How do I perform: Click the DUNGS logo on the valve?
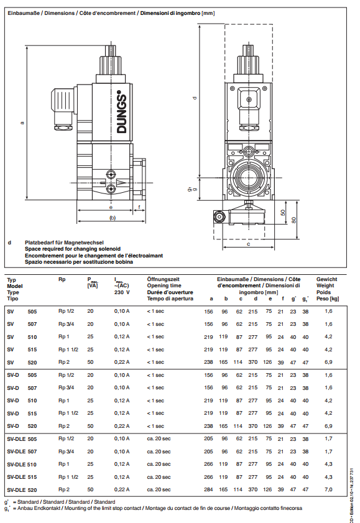(122, 112)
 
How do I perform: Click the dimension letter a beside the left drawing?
(22, 123)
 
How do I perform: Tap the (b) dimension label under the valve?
(113, 218)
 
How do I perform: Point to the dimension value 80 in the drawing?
(293, 220)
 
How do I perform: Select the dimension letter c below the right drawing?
(248, 244)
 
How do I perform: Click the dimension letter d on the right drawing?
(195, 98)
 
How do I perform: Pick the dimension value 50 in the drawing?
(283, 213)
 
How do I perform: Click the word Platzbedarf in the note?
(39, 243)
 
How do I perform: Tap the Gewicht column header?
(326, 279)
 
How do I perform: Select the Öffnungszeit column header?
(164, 279)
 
